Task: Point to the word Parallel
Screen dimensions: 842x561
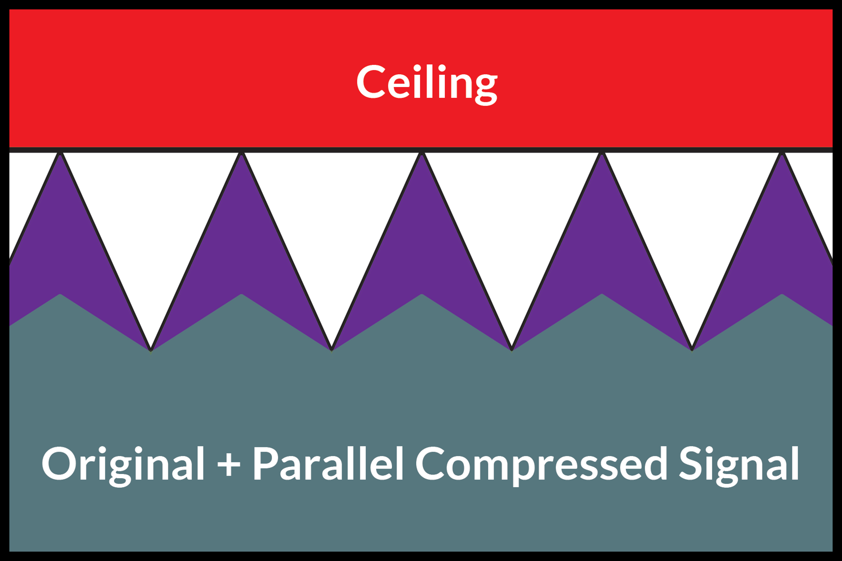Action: coord(328,463)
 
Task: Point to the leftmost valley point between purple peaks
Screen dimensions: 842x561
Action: coord(151,349)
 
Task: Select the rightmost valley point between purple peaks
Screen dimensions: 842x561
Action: coord(692,349)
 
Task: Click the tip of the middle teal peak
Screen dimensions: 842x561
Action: coord(421,295)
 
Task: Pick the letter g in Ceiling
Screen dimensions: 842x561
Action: coord(482,89)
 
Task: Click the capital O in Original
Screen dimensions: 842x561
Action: coord(58,463)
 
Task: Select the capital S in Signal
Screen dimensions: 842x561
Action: coord(691,463)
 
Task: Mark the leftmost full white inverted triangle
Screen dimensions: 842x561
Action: coord(151,220)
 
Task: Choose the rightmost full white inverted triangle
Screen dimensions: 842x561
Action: coord(692,220)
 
